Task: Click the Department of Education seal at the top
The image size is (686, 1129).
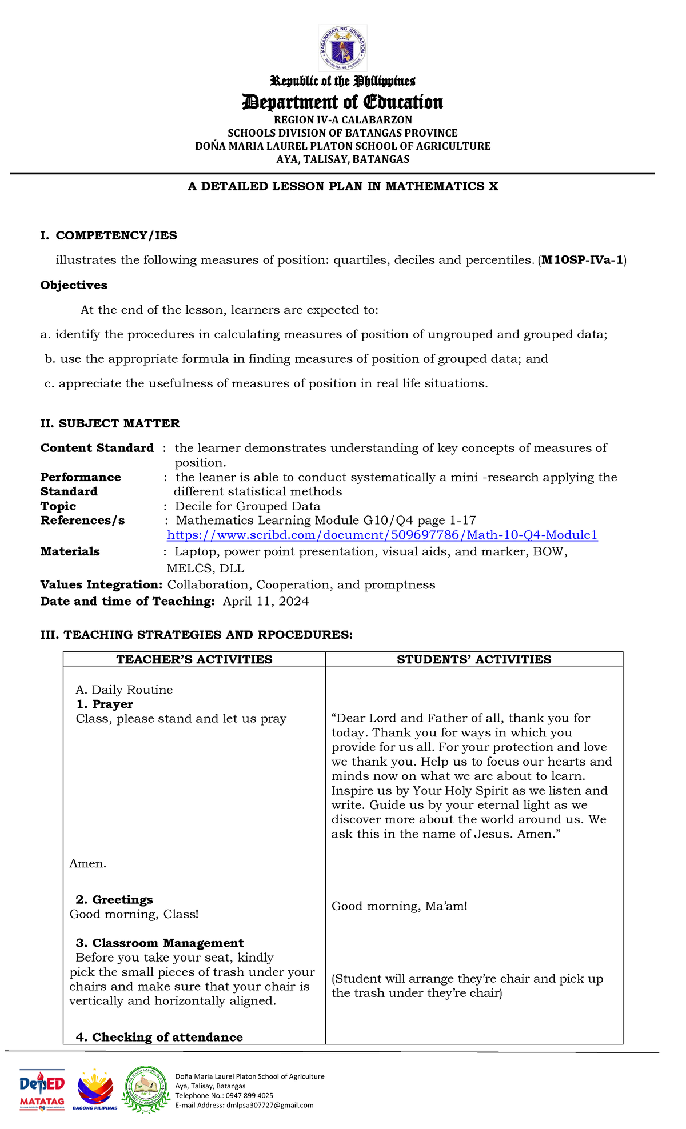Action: [342, 49]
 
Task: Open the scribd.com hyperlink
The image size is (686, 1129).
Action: [382, 535]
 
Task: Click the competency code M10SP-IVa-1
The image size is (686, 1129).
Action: [582, 261]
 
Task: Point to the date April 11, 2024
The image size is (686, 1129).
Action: [266, 602]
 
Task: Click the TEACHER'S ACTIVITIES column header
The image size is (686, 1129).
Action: [194, 660]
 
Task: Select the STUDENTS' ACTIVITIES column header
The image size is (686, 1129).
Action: [474, 660]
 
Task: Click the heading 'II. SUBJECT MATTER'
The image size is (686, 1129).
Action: [110, 423]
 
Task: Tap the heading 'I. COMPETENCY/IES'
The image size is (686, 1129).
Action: [109, 235]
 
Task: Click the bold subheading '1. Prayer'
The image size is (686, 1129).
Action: [105, 704]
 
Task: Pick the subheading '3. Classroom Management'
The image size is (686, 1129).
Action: [159, 943]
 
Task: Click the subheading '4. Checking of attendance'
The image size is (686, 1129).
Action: [159, 1038]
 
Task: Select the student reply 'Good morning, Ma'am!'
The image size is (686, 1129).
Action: [400, 906]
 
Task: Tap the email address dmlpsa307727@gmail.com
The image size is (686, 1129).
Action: [270, 1105]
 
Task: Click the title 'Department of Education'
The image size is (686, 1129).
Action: [342, 102]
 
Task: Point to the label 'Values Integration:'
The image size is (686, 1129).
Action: [102, 585]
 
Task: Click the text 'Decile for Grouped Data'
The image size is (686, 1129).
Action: [248, 506]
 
